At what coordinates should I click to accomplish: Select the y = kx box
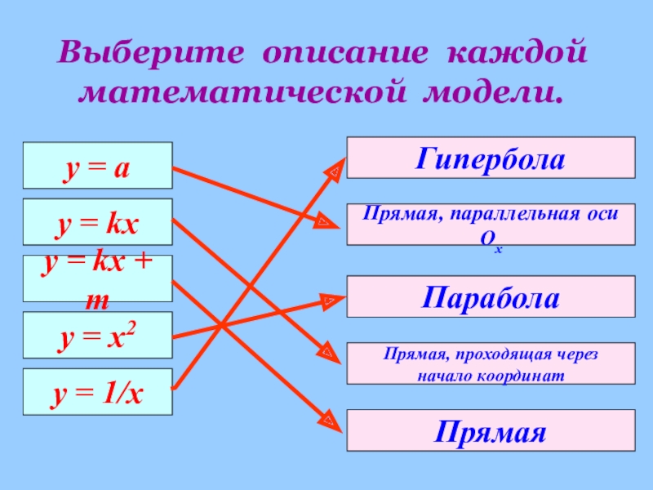click(x=97, y=221)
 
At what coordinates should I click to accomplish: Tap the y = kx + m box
click(x=97, y=278)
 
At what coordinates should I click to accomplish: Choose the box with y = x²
click(x=97, y=334)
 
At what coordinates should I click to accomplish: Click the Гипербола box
click(x=491, y=157)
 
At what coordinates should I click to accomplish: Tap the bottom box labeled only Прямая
click(x=491, y=430)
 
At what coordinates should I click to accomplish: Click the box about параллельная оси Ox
click(x=491, y=224)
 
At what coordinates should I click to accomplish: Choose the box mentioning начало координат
click(x=491, y=363)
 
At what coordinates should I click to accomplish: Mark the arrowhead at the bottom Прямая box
click(x=330, y=421)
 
